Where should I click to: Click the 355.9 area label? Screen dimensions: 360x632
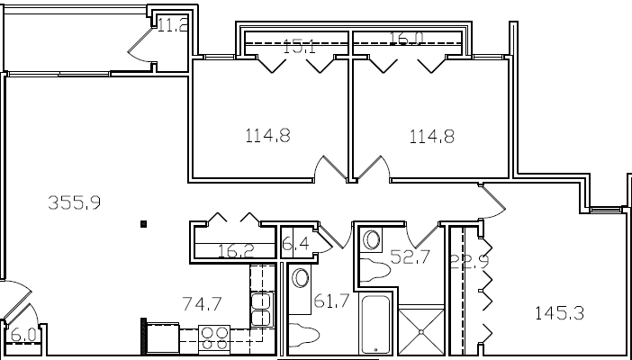(x=73, y=202)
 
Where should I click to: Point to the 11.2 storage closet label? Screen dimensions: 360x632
(x=172, y=25)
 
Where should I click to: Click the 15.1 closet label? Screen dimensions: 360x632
(x=298, y=47)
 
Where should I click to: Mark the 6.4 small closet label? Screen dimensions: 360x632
(x=294, y=244)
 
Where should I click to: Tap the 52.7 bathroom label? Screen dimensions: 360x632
(x=408, y=256)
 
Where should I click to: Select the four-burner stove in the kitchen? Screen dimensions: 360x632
(x=214, y=337)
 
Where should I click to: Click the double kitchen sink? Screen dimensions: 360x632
(x=261, y=308)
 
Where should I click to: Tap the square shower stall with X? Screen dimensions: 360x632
(x=421, y=333)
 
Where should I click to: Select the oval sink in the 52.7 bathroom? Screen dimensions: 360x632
(x=370, y=239)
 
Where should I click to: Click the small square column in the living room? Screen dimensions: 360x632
(x=143, y=223)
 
